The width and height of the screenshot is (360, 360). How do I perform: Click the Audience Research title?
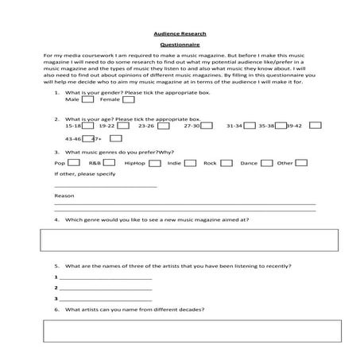[x=180, y=33]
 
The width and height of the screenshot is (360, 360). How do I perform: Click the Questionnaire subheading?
[x=180, y=45]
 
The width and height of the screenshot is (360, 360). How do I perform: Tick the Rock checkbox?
[x=226, y=163]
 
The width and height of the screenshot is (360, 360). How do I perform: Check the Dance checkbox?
[x=266, y=163]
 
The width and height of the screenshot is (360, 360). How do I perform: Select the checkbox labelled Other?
[x=303, y=163]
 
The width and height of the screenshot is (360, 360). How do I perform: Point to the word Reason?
[x=64, y=195]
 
